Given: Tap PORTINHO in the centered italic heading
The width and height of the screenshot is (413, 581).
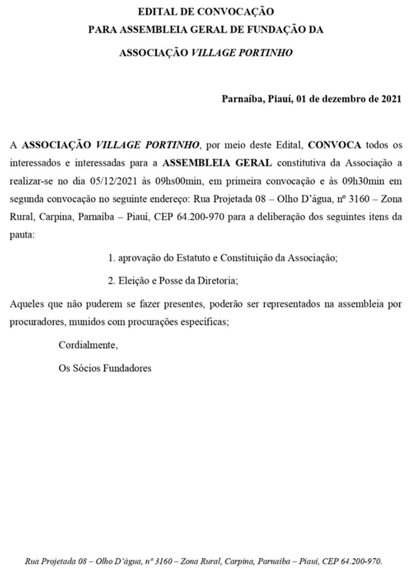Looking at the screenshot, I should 265,53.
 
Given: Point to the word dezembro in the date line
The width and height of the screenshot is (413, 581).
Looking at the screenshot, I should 350,99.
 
